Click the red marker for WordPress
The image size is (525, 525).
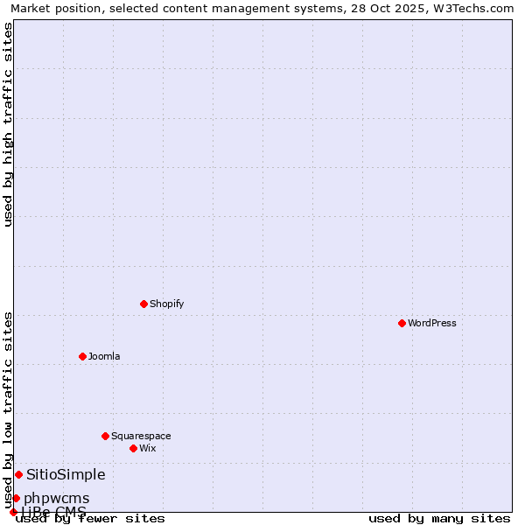point(402,323)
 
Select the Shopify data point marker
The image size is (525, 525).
point(143,304)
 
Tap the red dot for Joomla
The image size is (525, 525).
point(82,356)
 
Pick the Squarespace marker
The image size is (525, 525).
point(105,436)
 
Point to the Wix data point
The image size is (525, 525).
point(133,448)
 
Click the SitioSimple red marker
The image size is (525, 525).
point(18,474)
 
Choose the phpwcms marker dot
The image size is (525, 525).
point(16,498)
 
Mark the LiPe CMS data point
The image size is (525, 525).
point(13,512)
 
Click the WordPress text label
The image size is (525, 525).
point(432,323)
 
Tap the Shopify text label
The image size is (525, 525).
point(166,304)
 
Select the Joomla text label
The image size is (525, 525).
point(104,356)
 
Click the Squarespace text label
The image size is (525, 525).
point(141,436)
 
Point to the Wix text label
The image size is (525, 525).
point(147,448)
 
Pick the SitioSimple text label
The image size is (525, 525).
point(66,474)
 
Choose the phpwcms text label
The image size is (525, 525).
point(56,498)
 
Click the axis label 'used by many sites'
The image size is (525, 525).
point(439,518)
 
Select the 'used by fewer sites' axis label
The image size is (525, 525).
point(91,518)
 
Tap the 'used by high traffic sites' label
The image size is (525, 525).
point(8,124)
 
